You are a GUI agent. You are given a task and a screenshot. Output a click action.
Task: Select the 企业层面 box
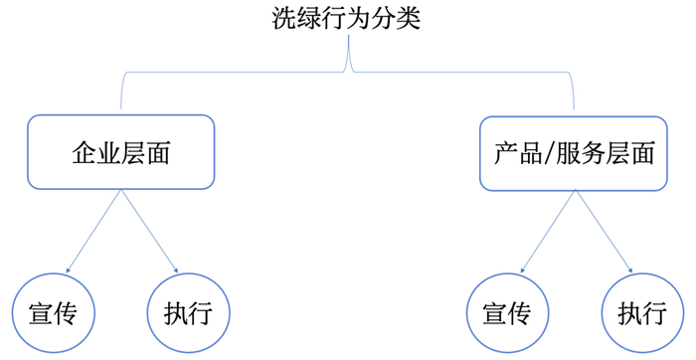pyautogui.click(x=121, y=152)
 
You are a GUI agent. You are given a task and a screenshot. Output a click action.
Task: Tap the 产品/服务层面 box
pyautogui.click(x=574, y=152)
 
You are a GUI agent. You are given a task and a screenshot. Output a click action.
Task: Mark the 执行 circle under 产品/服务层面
pyautogui.click(x=641, y=313)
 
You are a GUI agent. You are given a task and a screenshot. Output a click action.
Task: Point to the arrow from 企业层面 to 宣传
pyautogui.click(x=93, y=232)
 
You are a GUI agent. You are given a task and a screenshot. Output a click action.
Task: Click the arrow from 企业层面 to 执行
pyautogui.click(x=149, y=232)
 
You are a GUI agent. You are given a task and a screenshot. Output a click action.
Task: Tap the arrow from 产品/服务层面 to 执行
pyautogui.click(x=603, y=232)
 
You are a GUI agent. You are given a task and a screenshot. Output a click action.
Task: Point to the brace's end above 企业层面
pyautogui.click(x=120, y=104)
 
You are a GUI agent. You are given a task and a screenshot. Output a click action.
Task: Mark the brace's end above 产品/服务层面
pyautogui.click(x=575, y=104)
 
